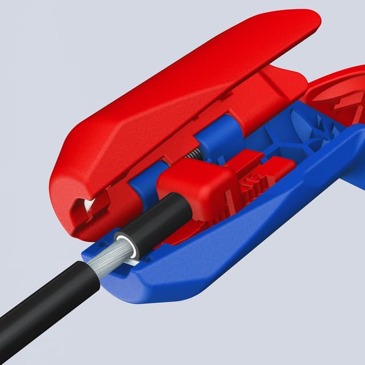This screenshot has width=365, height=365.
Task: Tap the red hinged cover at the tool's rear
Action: pyautogui.click(x=336, y=97)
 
